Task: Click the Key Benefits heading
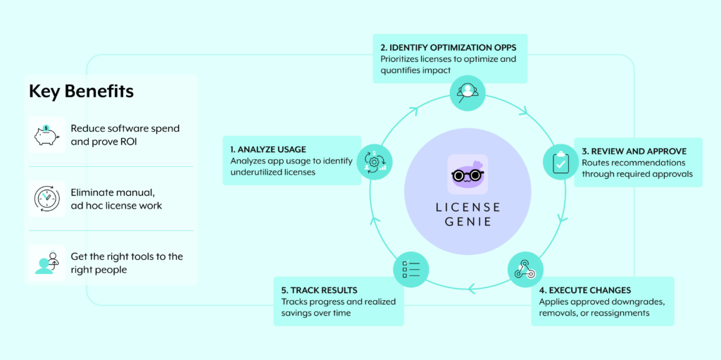[x=81, y=92]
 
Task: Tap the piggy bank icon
[x=46, y=135]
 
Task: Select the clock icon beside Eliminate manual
[x=46, y=199]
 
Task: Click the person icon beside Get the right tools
[x=46, y=263]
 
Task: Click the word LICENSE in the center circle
[x=467, y=207]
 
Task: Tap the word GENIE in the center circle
[x=467, y=222]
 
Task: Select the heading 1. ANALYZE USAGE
[x=268, y=149]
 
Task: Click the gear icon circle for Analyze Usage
[x=374, y=161]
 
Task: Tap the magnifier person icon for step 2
[x=468, y=92]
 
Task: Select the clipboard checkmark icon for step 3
[x=560, y=162]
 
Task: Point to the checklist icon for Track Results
[x=410, y=268]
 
